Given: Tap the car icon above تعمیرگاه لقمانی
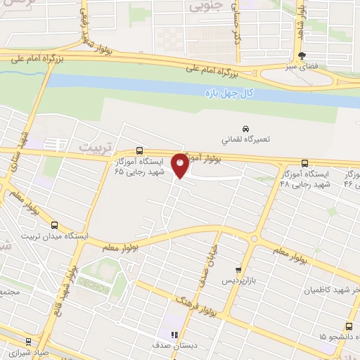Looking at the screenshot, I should pyautogui.click(x=245, y=129).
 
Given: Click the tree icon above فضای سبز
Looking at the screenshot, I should pyautogui.click(x=302, y=56).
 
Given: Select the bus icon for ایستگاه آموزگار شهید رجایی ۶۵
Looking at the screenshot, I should pyautogui.click(x=139, y=150).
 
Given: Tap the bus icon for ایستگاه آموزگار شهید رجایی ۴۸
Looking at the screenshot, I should pyautogui.click(x=304, y=161).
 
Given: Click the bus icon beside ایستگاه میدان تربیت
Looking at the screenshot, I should pyautogui.click(x=55, y=225).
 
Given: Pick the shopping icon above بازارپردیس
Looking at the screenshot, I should pyautogui.click(x=238, y=269).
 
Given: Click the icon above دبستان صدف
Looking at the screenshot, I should pyautogui.click(x=174, y=335).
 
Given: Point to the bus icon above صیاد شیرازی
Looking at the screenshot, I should pyautogui.click(x=27, y=339).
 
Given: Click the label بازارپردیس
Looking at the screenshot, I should pyautogui.click(x=238, y=280).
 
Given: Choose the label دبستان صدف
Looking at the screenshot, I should pyautogui.click(x=173, y=346).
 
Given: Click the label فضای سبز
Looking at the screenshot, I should pyautogui.click(x=302, y=66).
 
